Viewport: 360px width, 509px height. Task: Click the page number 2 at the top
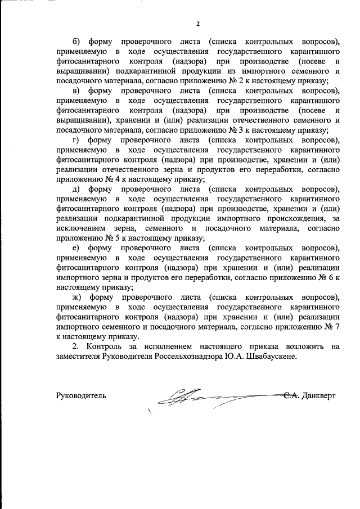point(197,24)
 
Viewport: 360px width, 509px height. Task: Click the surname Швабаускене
point(273,356)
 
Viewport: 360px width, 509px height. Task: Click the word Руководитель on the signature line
point(81,395)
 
